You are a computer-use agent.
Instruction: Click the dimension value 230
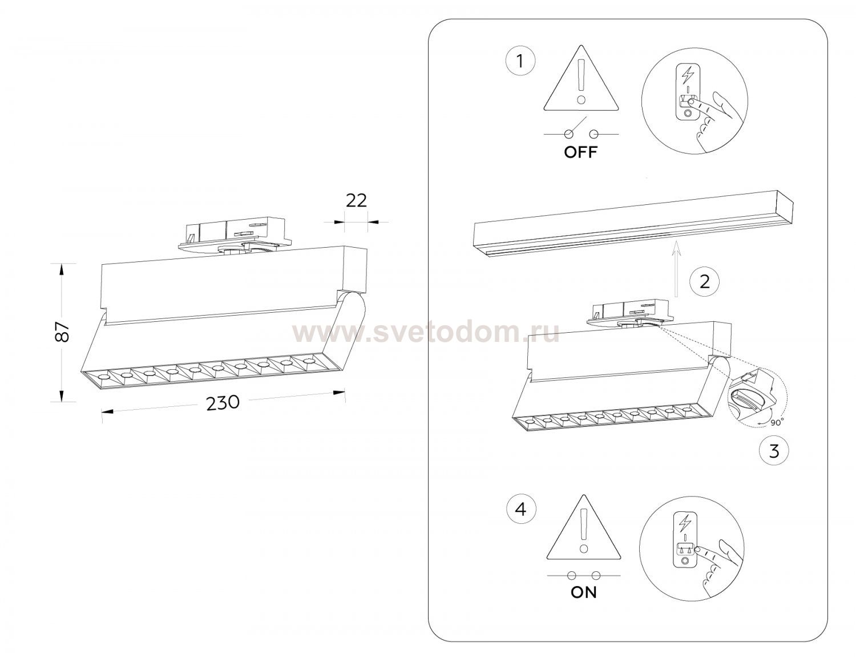pyautogui.click(x=223, y=402)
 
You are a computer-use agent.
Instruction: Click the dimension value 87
pyautogui.click(x=62, y=332)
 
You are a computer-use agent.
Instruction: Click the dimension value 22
pyautogui.click(x=356, y=200)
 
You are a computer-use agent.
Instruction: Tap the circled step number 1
pyautogui.click(x=520, y=62)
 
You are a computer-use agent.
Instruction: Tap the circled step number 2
pyautogui.click(x=705, y=281)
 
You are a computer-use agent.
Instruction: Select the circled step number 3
pyautogui.click(x=774, y=451)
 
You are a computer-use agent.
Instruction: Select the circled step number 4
pyautogui.click(x=521, y=510)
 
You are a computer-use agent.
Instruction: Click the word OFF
pyautogui.click(x=580, y=152)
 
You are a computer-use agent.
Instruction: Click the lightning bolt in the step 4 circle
pyautogui.click(x=686, y=523)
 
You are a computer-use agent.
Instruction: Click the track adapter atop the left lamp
pyautogui.click(x=235, y=235)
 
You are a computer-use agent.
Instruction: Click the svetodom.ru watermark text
pyautogui.click(x=426, y=333)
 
